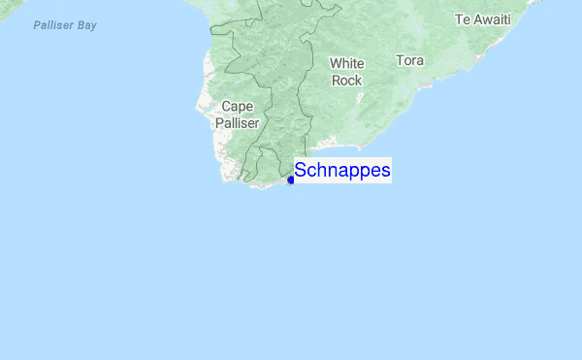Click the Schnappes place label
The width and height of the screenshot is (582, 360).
coord(342,171)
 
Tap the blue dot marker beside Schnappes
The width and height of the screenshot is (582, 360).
coord(291,180)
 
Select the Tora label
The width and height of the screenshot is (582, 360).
coord(409,60)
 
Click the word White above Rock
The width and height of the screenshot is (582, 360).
coord(346,64)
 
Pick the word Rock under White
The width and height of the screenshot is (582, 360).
coord(346,81)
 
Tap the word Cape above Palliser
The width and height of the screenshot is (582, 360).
coord(239,107)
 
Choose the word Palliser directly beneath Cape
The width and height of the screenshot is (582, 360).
coord(239,123)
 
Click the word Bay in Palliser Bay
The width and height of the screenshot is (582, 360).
coord(86,25)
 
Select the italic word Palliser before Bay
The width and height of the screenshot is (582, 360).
coord(51,25)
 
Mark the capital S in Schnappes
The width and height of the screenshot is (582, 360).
coord(301,171)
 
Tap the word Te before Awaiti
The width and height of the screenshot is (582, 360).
coord(463,18)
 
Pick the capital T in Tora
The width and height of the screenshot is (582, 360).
coord(400,60)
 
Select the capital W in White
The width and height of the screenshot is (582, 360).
coord(335,64)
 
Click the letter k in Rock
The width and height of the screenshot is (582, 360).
coord(358,81)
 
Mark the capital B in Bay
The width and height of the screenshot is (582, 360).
coord(80,25)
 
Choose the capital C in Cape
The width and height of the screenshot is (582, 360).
coord(227,107)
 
